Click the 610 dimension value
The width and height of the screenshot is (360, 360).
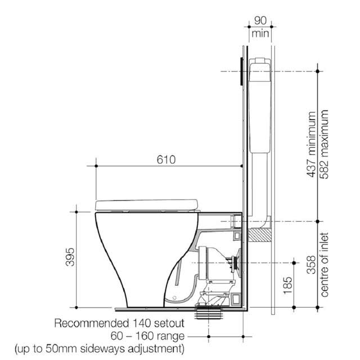166,160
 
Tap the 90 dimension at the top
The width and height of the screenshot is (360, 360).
260,20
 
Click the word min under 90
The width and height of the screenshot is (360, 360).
260,33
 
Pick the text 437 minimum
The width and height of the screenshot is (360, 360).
311,145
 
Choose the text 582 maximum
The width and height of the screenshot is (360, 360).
325,145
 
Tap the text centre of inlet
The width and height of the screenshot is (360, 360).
325,264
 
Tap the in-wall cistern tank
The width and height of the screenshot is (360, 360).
259,107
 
